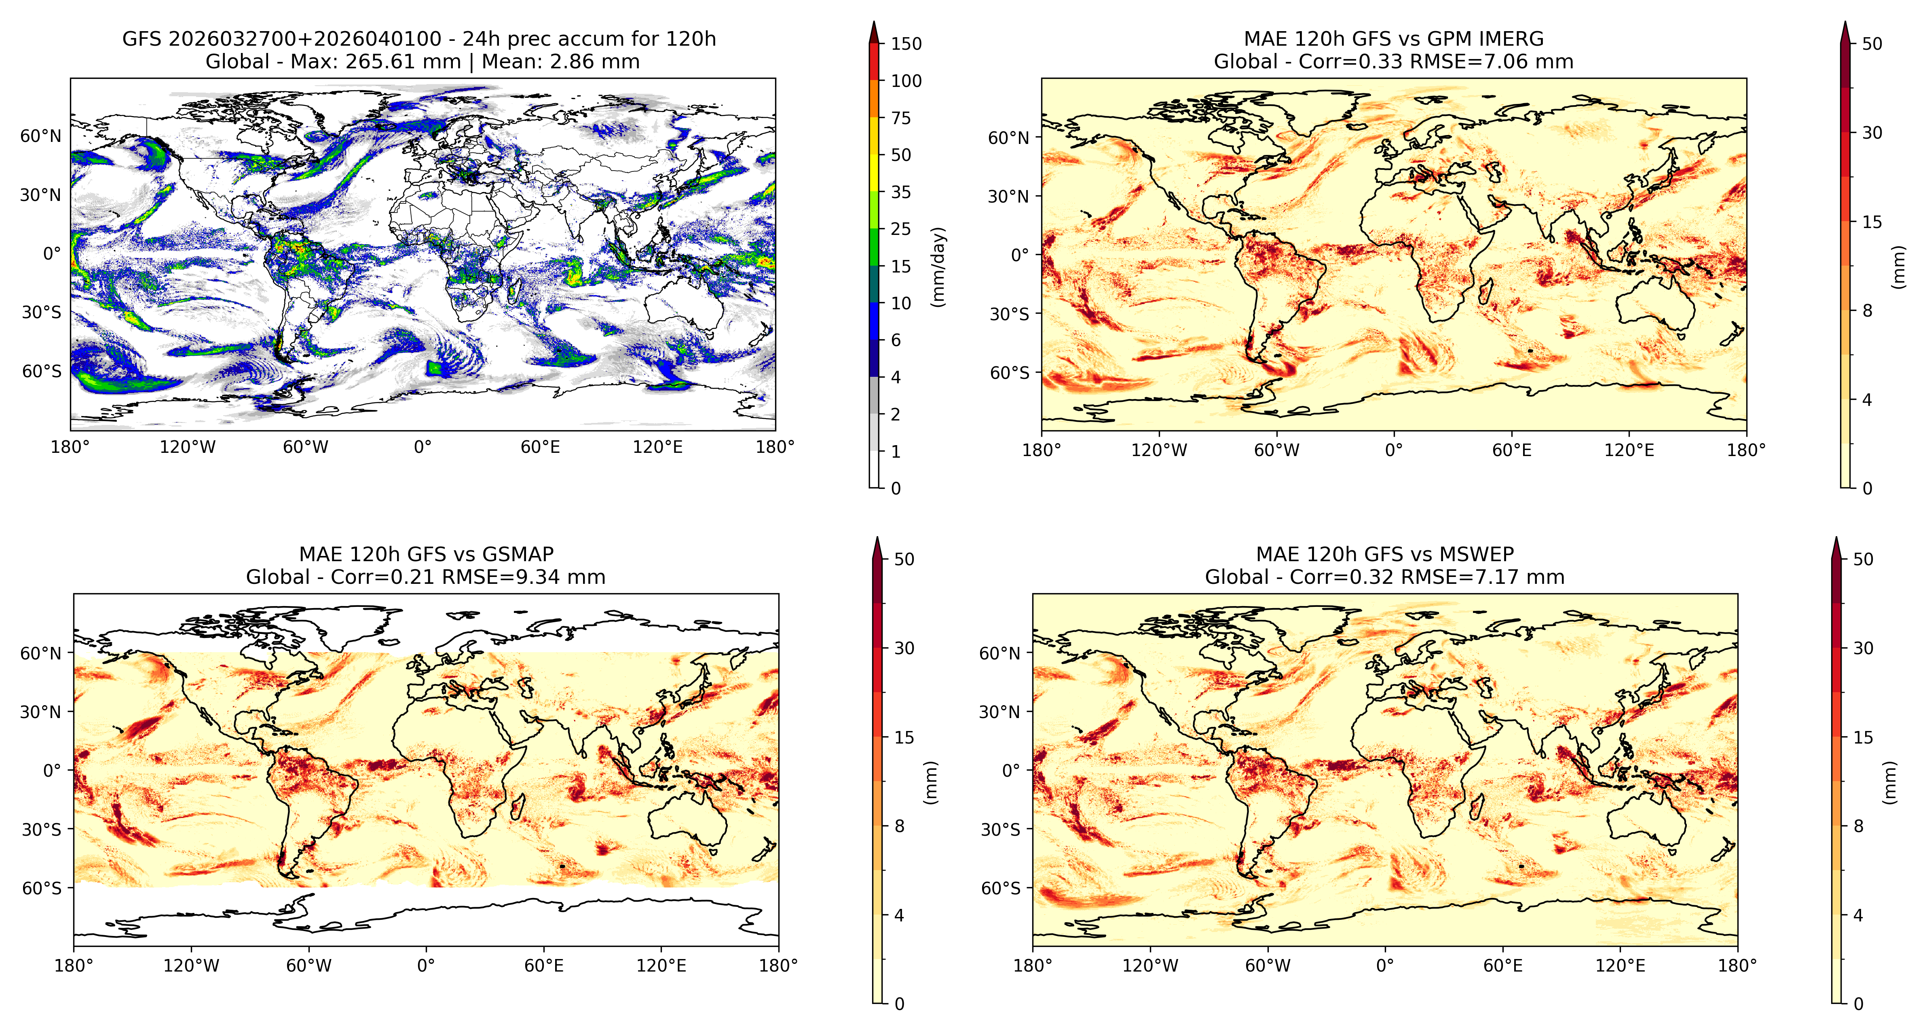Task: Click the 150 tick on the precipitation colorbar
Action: tap(906, 43)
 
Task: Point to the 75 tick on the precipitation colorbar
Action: tap(901, 118)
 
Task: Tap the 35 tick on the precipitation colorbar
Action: tap(901, 192)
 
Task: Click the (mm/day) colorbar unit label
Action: tap(938, 266)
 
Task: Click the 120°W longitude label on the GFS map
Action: tap(188, 448)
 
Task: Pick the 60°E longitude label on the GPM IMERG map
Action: tap(1512, 450)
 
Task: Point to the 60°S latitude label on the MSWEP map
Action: tap(1000, 888)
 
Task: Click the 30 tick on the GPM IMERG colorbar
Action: tap(1872, 133)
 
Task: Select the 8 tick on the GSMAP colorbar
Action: tap(899, 826)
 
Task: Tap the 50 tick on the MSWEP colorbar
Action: tap(1863, 559)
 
